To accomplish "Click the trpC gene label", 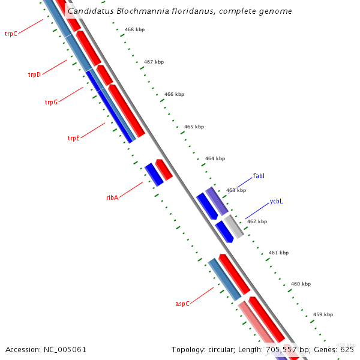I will pos(11,34).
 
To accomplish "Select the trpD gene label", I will pos(34,75).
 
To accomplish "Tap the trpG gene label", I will pos(51,102).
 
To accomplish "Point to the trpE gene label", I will pos(73,138).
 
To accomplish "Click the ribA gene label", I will pos(112,197).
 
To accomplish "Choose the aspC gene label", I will pos(182,304).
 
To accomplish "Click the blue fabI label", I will pos(259,176).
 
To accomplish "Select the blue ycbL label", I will pos(276,202).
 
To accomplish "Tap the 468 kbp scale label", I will pos(134,29).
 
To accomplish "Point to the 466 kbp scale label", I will pos(174,94).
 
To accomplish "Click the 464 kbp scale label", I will pos(215,158).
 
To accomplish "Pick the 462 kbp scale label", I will pos(257,221).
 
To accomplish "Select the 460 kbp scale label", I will pos(301,284).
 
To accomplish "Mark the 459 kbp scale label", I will pos(323,314).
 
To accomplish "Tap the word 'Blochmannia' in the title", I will pos(131,11).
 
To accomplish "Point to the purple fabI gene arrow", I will pos(217,201).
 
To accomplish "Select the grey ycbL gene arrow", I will pos(234,226).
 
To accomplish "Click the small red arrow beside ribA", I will pos(164,169).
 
